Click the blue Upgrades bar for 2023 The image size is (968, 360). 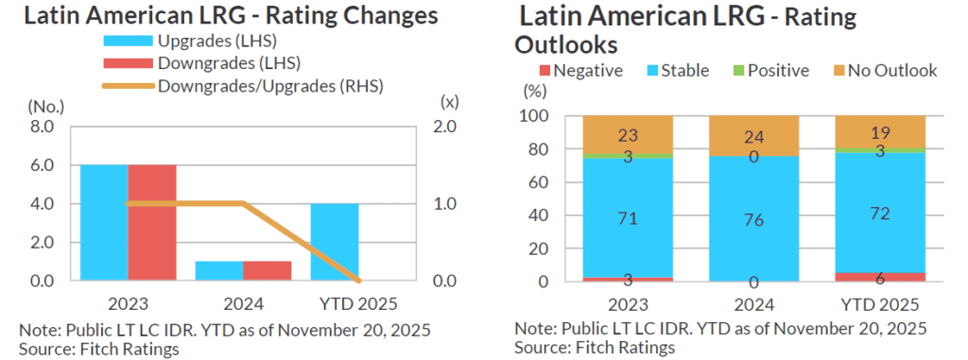tap(104, 222)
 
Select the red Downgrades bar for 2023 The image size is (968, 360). tap(152, 222)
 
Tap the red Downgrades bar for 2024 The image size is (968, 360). tap(267, 270)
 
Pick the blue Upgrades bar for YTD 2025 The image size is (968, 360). tap(335, 242)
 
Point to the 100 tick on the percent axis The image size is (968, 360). tap(534, 116)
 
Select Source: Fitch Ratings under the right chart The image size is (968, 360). tap(595, 348)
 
